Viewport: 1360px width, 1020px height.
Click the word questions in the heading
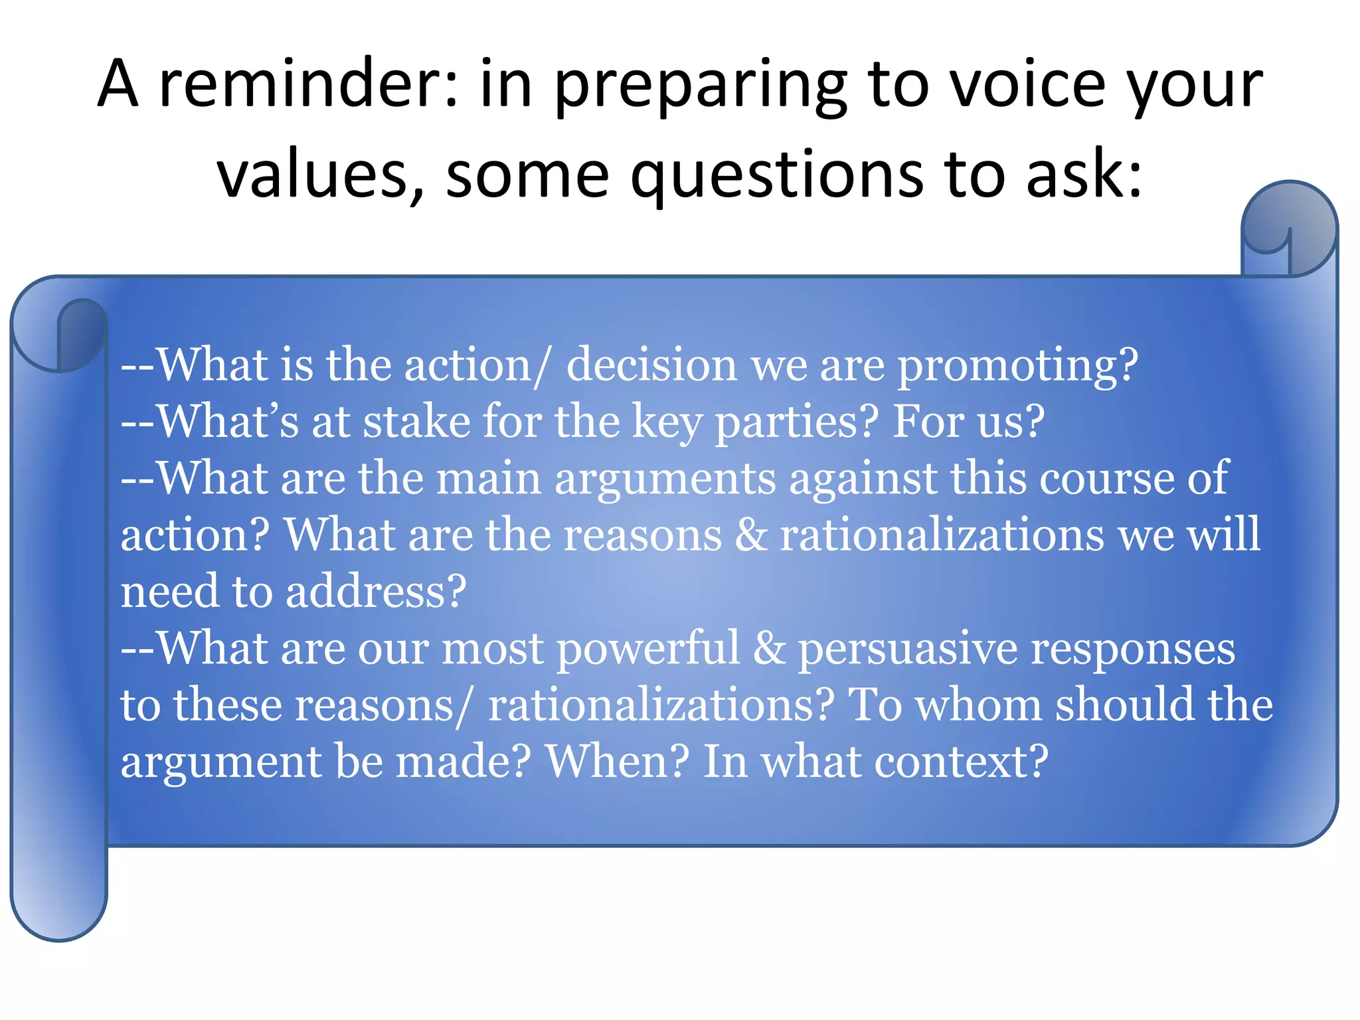pyautogui.click(x=777, y=175)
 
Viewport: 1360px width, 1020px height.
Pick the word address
pyautogui.click(x=376, y=592)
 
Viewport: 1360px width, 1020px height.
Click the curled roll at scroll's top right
pyautogui.click(x=1288, y=229)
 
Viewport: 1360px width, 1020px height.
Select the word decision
pyautogui.click(x=651, y=366)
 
